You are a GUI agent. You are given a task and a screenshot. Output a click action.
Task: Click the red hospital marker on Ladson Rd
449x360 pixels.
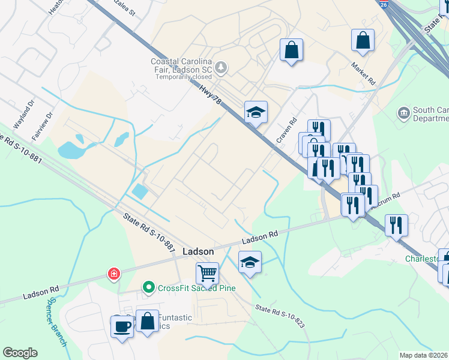(113, 275)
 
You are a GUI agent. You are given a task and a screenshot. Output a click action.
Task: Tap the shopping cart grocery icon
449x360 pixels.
(207, 273)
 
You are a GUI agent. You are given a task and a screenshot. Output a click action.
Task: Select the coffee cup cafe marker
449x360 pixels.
(122, 327)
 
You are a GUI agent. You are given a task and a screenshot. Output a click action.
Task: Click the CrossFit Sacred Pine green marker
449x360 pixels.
(149, 288)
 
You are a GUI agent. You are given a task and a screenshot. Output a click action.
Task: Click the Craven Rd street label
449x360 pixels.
(286, 130)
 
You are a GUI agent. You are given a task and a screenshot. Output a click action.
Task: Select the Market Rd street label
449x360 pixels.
(363, 74)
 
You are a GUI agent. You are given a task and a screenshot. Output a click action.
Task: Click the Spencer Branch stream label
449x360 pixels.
(57, 322)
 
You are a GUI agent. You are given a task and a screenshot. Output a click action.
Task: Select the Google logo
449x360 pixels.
(20, 353)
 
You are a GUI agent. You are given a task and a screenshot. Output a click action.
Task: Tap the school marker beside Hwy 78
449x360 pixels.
(256, 112)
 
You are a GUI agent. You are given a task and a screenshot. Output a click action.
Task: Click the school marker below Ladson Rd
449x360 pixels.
(250, 262)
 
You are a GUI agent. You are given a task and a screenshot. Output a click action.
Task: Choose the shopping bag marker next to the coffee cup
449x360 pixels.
(147, 322)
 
